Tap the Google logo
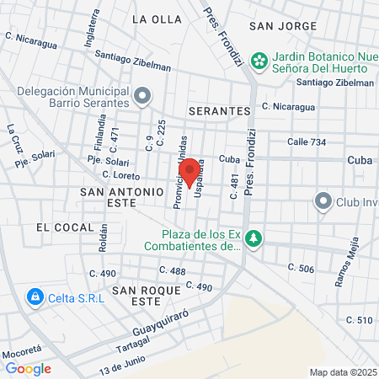coord(28,368)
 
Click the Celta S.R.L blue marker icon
coord(35,296)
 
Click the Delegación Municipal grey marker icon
coord(141,96)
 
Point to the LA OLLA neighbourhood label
coord(156,19)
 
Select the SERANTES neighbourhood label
coord(220,111)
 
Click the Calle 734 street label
coord(307,142)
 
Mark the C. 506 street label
coord(301,268)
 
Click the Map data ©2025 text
coord(342,372)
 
